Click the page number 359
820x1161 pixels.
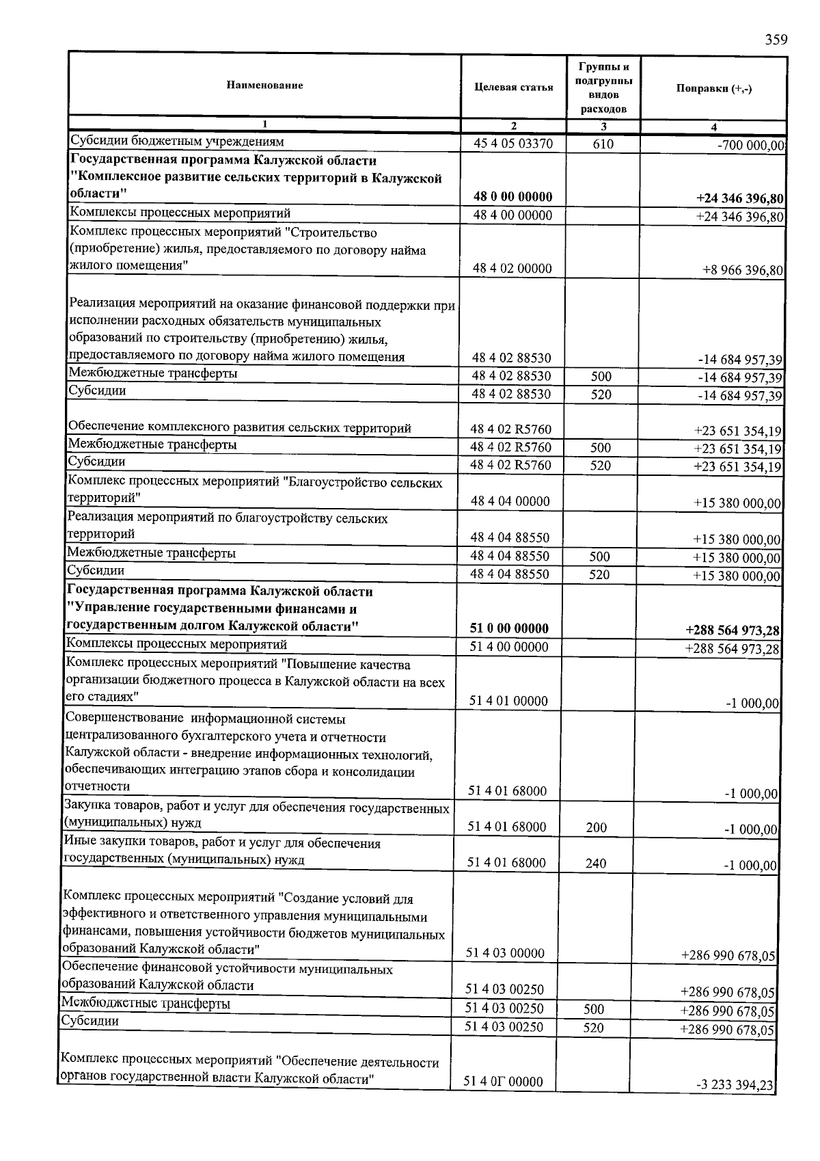coord(776,40)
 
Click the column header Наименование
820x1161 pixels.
coord(264,85)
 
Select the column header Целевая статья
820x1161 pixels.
coord(513,88)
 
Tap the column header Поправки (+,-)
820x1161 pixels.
coord(713,89)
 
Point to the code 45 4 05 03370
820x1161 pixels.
coord(513,144)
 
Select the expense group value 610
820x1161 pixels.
coord(603,144)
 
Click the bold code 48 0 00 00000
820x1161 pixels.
coord(512,197)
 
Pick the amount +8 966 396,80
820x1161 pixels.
coord(742,270)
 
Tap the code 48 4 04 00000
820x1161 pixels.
coord(510,501)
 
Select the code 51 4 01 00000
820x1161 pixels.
coord(508,701)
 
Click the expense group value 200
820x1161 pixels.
coord(596,827)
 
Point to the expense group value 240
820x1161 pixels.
coord(596,864)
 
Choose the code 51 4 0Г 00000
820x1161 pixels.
coord(504,1082)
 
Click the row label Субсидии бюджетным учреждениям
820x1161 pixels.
coord(177,142)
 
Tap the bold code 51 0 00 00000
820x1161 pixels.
coord(509,628)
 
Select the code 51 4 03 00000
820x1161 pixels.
coord(505,953)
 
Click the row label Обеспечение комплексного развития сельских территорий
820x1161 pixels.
coord(240,429)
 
